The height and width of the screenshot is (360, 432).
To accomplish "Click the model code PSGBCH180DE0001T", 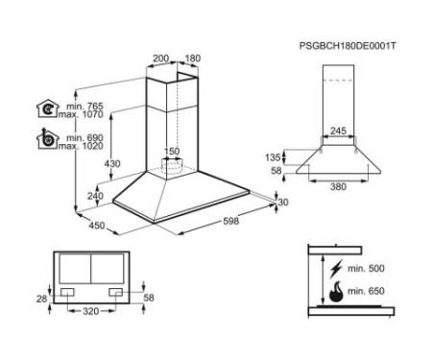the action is [x=348, y=46].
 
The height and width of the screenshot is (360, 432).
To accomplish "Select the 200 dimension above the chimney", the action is [x=160, y=59].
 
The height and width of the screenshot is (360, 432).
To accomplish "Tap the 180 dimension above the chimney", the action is [x=193, y=59].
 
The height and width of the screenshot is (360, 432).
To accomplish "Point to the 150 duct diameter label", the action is [x=172, y=151].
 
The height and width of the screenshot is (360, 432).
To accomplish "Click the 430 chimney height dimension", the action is [x=112, y=163].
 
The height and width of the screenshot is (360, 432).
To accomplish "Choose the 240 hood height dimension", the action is [x=95, y=196].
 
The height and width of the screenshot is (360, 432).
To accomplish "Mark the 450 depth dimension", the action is [x=97, y=226].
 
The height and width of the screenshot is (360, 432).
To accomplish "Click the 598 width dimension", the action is [x=230, y=221].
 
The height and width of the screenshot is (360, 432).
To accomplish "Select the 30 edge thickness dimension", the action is [x=283, y=203].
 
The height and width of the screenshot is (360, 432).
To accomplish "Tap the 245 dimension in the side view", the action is [x=338, y=131].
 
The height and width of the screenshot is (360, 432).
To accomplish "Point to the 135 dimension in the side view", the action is [x=273, y=157].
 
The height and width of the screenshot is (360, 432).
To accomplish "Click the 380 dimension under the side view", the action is [x=338, y=186].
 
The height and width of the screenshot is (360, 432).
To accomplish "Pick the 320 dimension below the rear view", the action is [x=91, y=311].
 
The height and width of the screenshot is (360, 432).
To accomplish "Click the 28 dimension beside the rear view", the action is [x=41, y=299].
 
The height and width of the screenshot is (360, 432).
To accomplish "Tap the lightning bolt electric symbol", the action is [x=336, y=269].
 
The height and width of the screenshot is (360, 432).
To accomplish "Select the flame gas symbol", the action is [x=336, y=292].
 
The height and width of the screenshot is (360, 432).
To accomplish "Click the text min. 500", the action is [x=366, y=268].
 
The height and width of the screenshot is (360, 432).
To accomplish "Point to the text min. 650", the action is [x=366, y=291].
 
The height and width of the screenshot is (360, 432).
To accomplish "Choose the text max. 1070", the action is [x=81, y=114].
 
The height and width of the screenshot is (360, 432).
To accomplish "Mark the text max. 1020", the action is [x=81, y=146].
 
